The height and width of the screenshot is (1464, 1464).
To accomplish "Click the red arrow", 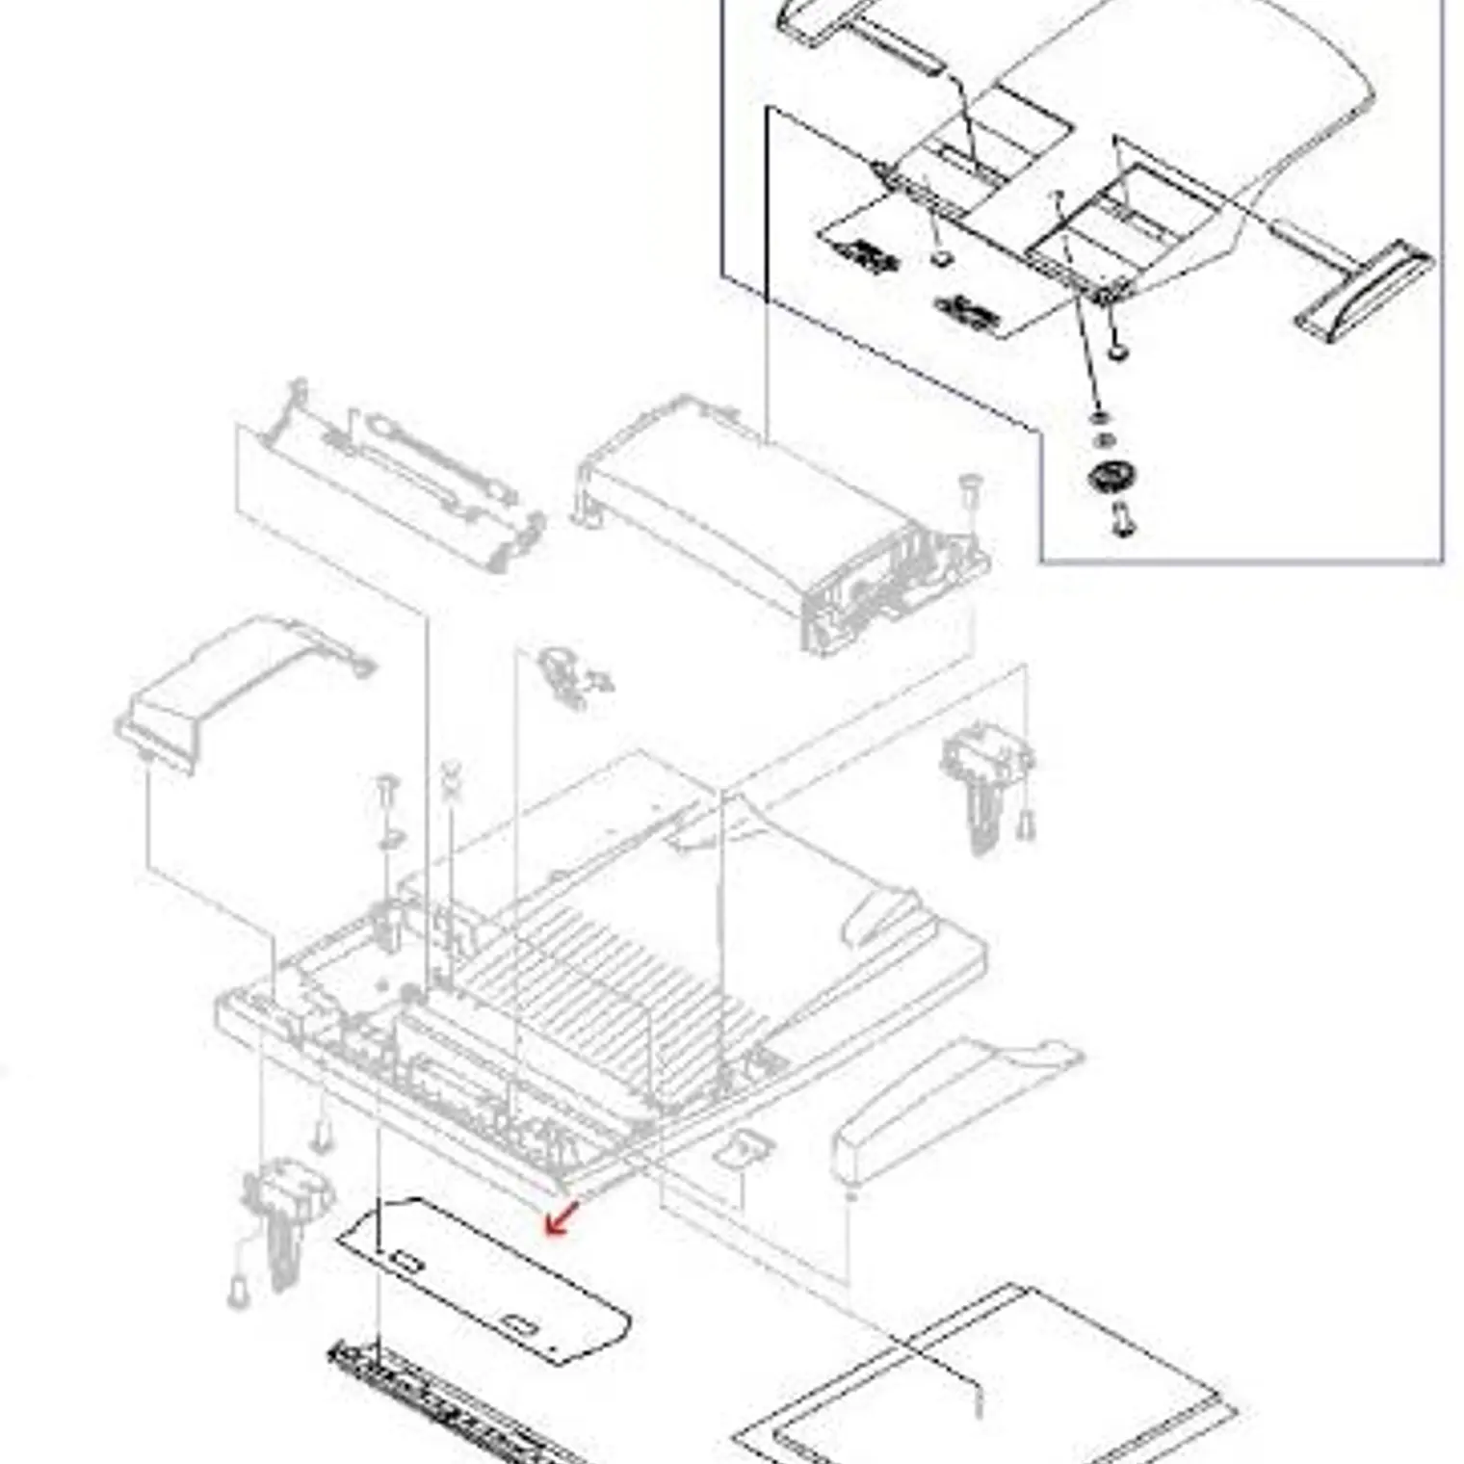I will coord(561,1217).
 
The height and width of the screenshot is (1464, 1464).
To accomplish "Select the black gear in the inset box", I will coord(1112,476).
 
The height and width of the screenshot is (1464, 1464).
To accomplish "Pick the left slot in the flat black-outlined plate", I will coord(405,1261).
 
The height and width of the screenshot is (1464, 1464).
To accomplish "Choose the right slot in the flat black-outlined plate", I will coord(521,1326).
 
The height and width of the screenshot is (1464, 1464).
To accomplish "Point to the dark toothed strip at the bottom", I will coord(453,1406).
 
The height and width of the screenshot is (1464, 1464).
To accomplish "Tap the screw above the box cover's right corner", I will coord(970,486).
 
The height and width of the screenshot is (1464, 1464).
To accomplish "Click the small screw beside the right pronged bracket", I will coord(1027,824).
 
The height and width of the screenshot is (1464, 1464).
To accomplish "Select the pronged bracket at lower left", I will coord(284,1214).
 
